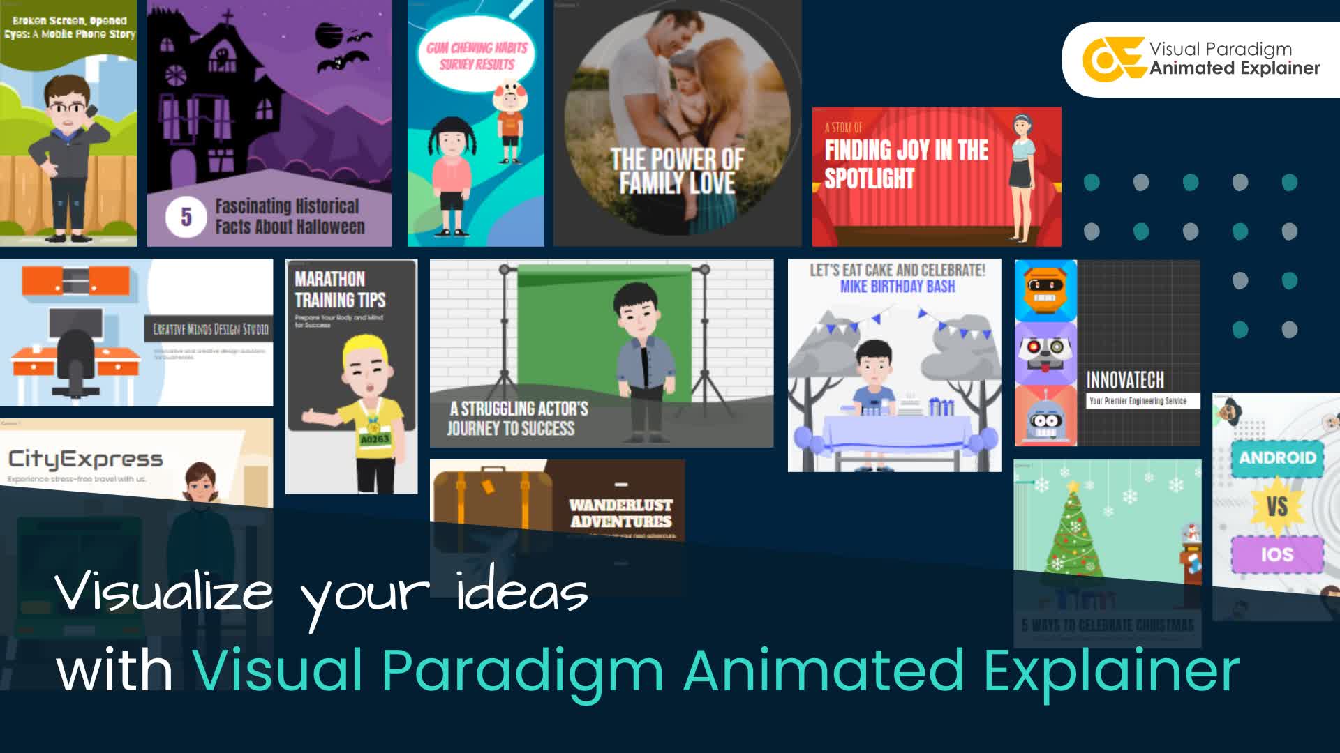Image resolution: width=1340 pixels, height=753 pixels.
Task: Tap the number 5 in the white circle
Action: pyautogui.click(x=186, y=217)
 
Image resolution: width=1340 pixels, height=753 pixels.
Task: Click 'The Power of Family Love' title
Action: pyautogui.click(x=677, y=171)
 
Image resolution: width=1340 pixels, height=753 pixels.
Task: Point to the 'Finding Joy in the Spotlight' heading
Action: pyautogui.click(x=906, y=164)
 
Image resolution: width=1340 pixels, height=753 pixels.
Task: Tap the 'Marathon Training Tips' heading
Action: pyautogui.click(x=340, y=289)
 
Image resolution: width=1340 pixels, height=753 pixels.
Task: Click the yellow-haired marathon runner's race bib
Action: pyautogui.click(x=374, y=439)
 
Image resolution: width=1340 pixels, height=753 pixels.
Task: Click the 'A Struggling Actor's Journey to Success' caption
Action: pyautogui.click(x=518, y=418)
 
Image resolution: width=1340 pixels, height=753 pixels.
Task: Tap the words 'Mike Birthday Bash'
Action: pyautogui.click(x=898, y=287)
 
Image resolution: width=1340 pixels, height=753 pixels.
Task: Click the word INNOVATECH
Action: pyautogui.click(x=1125, y=380)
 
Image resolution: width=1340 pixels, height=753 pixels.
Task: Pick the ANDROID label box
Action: pyautogui.click(x=1277, y=458)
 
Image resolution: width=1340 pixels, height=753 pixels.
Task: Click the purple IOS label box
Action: pyautogui.click(x=1276, y=555)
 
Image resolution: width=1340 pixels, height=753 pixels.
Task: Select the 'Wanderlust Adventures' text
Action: pyautogui.click(x=620, y=513)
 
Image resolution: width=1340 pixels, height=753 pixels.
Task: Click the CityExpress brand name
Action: pyautogui.click(x=85, y=459)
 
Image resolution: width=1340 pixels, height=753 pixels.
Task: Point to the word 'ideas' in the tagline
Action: pyautogui.click(x=522, y=592)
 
